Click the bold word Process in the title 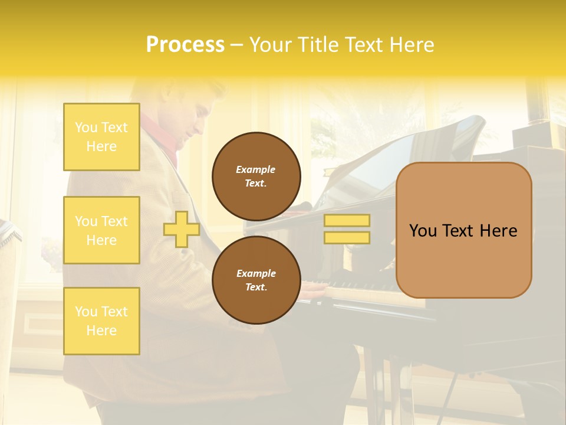point(185,45)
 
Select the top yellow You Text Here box point(101,137)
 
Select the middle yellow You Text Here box point(101,230)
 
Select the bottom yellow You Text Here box point(101,321)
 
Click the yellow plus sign point(181,229)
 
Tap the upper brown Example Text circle point(256,176)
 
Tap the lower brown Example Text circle point(256,280)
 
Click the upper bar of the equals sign point(347,220)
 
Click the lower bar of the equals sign point(347,237)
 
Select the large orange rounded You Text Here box point(463,230)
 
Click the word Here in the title point(410,45)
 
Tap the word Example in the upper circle point(255,169)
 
